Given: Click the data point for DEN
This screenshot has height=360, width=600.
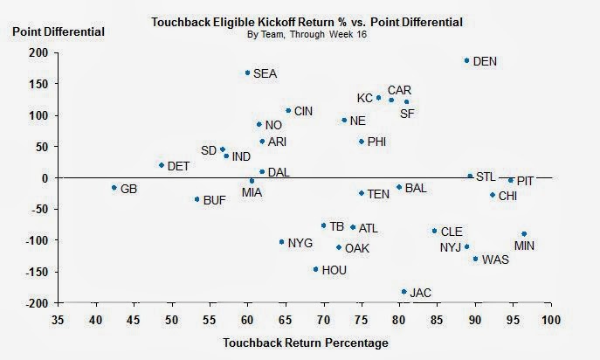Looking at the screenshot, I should point(466,60).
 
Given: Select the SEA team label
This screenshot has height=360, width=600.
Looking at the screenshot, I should point(265,74).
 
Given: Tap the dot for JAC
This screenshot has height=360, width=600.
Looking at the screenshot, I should point(403,291).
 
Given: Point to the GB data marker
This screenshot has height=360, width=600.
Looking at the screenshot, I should point(114,188).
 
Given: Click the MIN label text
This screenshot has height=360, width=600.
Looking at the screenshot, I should point(524,246).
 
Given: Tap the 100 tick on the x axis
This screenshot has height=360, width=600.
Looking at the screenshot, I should point(550,319).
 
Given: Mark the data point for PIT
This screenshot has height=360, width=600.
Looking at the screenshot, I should point(511,180).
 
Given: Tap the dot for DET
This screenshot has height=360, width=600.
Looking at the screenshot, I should point(162,165).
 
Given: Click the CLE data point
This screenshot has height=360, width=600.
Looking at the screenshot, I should point(434,231).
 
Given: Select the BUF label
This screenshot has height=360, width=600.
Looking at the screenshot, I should point(214,200).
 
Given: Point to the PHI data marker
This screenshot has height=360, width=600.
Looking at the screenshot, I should point(362,142).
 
